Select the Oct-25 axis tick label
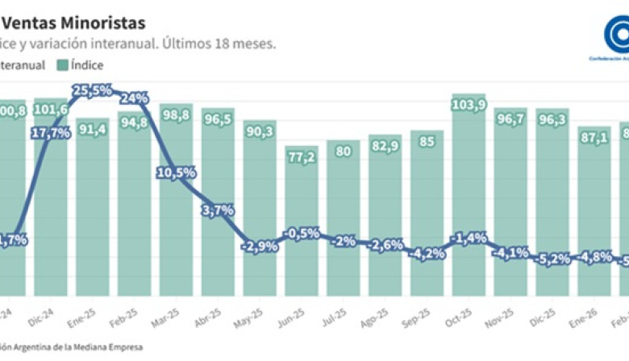click(x=469, y=313)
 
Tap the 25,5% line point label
click(x=92, y=91)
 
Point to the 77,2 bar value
click(x=302, y=158)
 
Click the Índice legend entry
click(x=80, y=65)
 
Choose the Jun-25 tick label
click(x=302, y=313)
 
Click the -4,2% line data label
click(x=427, y=253)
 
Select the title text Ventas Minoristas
click(x=77, y=23)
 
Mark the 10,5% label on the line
click(x=176, y=172)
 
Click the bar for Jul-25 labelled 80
click(x=343, y=210)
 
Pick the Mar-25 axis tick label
click(x=176, y=313)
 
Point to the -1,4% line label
click(x=469, y=238)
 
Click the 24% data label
click(x=134, y=98)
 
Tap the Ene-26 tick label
click(x=594, y=313)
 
